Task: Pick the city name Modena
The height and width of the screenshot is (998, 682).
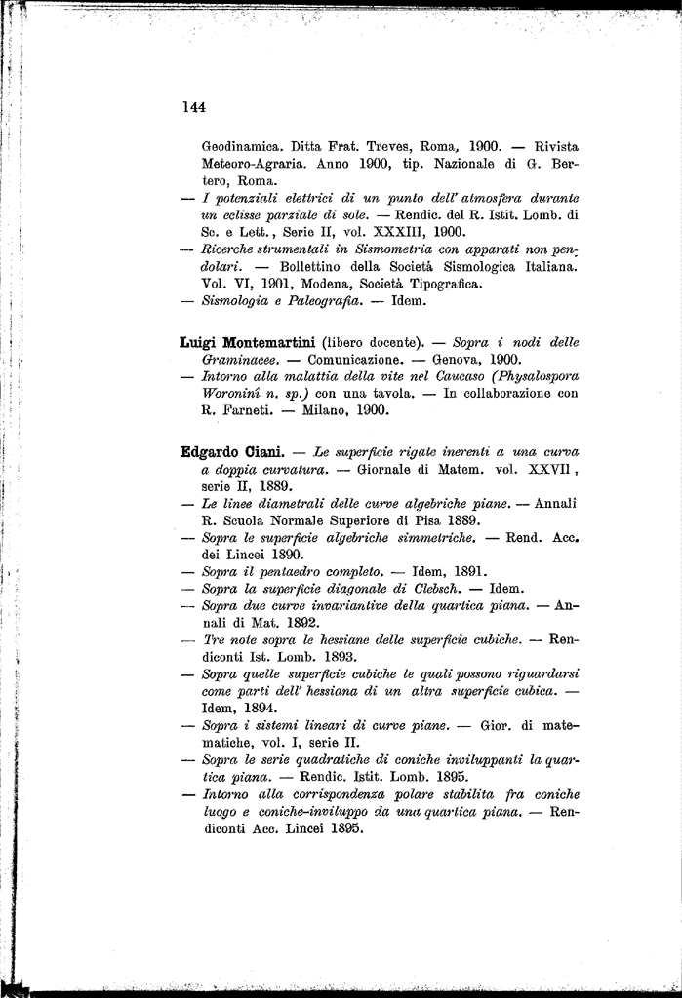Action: click(x=326, y=284)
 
